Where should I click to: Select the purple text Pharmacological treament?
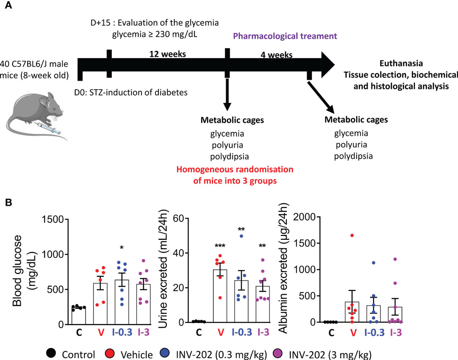pyautogui.click(x=285, y=36)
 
